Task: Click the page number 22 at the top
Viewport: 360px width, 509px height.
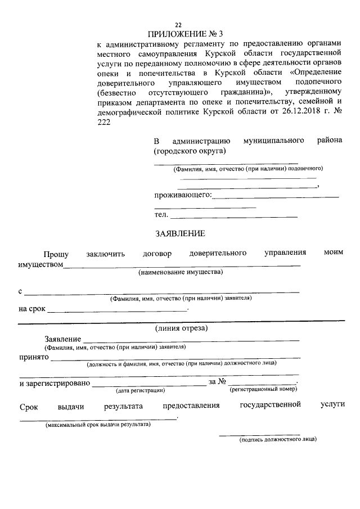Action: (x=178, y=25)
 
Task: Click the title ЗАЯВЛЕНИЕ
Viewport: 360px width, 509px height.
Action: (x=180, y=233)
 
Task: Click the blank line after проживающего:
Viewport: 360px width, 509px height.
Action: (x=276, y=196)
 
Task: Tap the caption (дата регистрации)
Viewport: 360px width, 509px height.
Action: (x=140, y=390)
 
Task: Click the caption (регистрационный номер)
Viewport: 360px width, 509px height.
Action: (x=263, y=389)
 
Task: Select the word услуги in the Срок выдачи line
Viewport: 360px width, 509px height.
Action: (x=332, y=405)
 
